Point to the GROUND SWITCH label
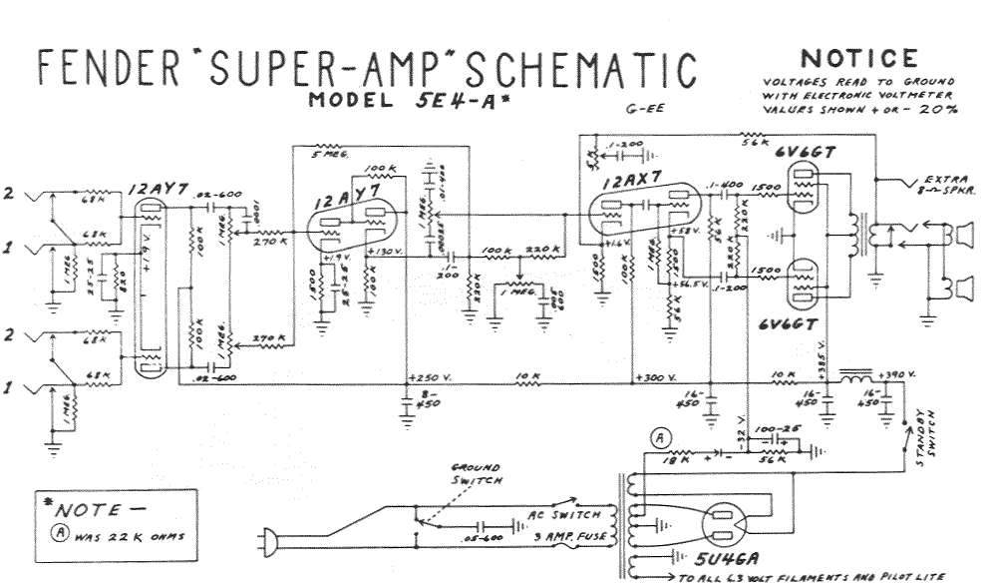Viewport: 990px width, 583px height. [x=476, y=473]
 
